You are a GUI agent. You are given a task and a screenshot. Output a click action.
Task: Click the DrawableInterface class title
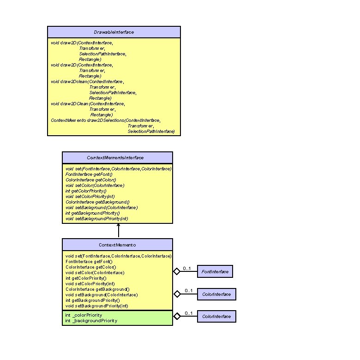[114, 32]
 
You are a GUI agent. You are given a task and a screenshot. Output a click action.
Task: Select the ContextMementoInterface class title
[117, 158]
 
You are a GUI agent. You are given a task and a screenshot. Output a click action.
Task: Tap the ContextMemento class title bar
[117, 245]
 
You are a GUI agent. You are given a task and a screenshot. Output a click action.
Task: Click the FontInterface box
[215, 272]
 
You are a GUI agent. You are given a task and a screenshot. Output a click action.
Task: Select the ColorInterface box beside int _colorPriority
[216, 316]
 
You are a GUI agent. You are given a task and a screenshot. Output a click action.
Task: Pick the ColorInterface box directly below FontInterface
[216, 294]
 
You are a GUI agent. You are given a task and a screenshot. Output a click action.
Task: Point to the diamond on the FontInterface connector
[176, 272]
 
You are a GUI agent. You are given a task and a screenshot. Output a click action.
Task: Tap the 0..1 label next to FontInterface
[187, 268]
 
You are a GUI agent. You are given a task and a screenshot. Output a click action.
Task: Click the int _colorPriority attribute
[84, 315]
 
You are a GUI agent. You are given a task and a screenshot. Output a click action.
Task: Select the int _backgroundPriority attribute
[91, 320]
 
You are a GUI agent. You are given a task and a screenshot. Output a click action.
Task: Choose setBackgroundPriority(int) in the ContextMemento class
[96, 306]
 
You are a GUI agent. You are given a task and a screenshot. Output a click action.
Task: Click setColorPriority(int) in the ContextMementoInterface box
[90, 197]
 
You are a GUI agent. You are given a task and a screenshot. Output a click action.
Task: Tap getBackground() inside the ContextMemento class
[97, 289]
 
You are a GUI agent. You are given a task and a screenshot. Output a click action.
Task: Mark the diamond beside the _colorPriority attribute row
[176, 316]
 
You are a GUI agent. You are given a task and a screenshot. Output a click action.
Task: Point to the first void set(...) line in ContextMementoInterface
[118, 169]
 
